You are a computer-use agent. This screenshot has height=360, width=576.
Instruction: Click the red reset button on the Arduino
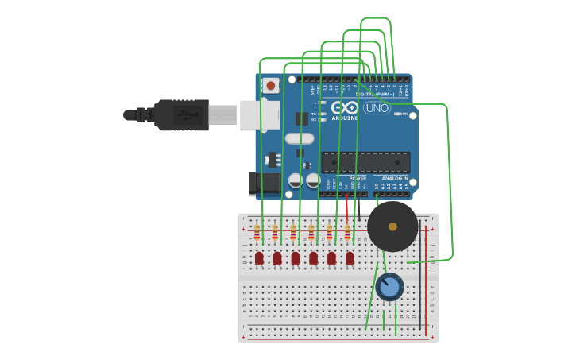[271, 85]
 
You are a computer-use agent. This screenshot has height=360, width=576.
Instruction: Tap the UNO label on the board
[377, 108]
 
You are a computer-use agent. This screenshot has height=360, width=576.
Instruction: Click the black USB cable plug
[182, 115]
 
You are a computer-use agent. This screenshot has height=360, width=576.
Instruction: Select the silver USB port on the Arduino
[259, 115]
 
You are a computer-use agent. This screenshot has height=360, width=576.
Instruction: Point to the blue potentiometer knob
[389, 286]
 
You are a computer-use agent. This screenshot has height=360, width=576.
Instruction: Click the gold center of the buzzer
[392, 226]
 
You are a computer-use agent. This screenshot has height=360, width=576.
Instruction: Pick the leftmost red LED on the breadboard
[259, 257]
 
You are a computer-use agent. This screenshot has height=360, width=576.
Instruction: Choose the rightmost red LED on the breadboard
[350, 257]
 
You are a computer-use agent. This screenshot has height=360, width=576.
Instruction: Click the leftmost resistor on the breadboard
[257, 232]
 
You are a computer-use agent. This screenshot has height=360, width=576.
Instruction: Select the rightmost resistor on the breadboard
[347, 232]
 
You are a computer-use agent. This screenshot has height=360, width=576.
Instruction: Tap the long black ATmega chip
[365, 162]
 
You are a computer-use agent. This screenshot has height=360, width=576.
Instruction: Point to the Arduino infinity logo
[344, 108]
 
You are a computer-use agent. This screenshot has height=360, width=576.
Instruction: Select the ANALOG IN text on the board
[394, 178]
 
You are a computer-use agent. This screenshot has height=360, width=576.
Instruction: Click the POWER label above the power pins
[358, 178]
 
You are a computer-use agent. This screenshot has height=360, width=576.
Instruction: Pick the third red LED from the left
[296, 257]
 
